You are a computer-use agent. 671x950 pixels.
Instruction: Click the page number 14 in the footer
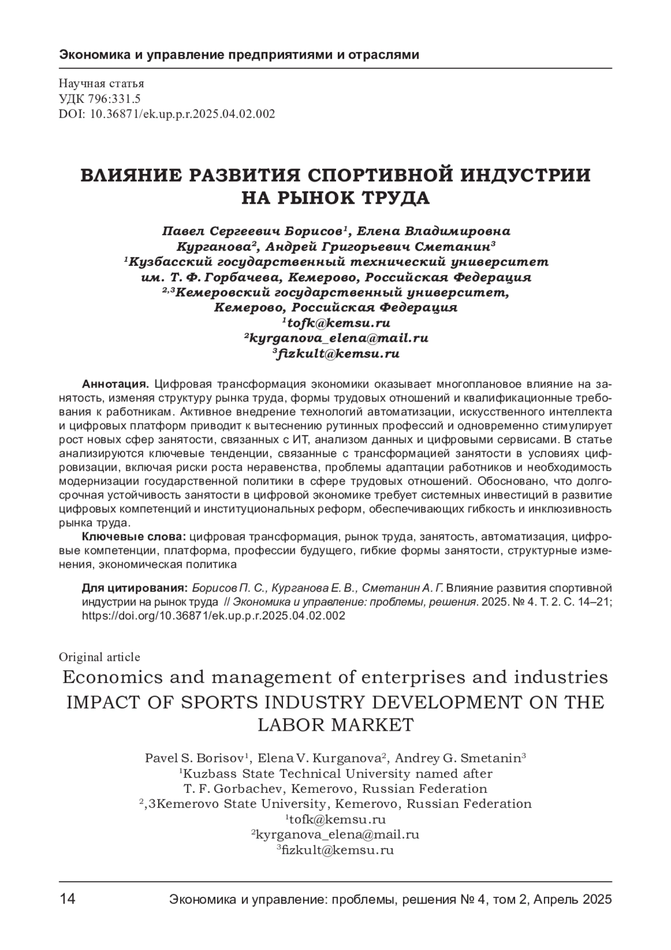(x=67, y=900)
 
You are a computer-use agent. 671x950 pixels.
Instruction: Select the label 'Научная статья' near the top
(x=101, y=84)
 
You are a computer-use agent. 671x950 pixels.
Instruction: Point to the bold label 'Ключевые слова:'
(x=134, y=537)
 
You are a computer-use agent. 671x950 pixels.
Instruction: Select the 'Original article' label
(x=99, y=657)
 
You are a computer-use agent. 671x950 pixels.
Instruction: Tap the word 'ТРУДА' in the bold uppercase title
(x=396, y=198)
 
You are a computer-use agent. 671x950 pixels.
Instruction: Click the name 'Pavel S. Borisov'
(x=195, y=759)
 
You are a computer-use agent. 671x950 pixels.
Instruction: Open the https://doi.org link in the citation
(x=213, y=615)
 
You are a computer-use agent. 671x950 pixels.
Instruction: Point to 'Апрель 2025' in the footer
(x=573, y=900)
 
